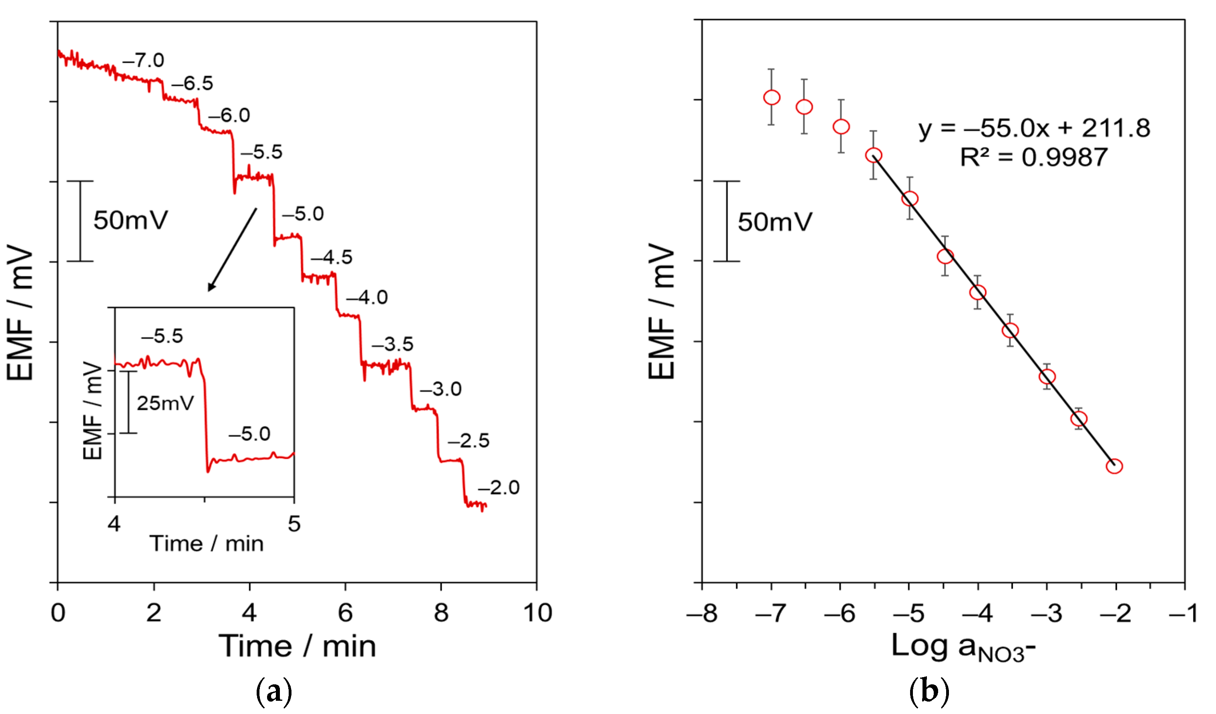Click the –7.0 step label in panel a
click(x=143, y=61)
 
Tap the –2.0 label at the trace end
click(x=499, y=488)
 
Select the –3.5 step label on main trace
click(x=392, y=344)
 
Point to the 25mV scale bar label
click(x=165, y=403)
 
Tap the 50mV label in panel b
click(x=774, y=222)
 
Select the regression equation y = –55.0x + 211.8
click(x=1033, y=128)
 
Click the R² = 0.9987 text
click(x=1033, y=157)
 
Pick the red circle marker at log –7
click(x=772, y=97)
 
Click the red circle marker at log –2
click(x=1114, y=466)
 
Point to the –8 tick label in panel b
click(x=702, y=613)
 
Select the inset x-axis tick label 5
click(x=294, y=524)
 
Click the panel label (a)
click(x=273, y=692)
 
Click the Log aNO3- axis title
click(x=963, y=647)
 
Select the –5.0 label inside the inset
click(x=249, y=434)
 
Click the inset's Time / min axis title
click(x=207, y=544)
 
